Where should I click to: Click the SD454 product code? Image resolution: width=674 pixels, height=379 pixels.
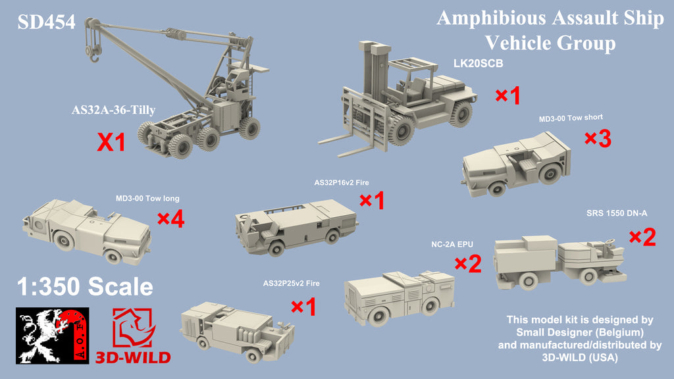pos(47,22)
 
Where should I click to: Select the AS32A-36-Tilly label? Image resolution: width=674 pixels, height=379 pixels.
pos(113,110)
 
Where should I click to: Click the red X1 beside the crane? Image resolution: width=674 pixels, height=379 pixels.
pos(111,142)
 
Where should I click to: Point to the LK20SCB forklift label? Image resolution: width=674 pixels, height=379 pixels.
pos(478,64)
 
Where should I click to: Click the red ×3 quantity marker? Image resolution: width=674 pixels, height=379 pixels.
pos(598,138)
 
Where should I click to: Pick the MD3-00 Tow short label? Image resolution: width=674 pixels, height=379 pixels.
pos(571,118)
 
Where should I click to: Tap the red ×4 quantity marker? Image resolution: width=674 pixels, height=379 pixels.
pos(170,218)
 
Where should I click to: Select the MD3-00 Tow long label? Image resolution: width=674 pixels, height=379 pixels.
pos(147,199)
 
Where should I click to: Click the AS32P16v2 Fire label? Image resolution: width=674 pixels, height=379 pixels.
pos(342,183)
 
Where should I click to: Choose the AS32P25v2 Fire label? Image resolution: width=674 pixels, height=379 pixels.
pos(292,283)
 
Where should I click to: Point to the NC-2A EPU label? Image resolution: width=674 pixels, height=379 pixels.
pos(452,245)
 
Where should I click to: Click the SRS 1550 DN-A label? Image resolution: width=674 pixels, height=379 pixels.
pos(616,213)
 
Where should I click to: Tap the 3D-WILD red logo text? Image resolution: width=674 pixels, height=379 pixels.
pos(133,357)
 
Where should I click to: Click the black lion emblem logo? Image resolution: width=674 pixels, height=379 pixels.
pos(53,336)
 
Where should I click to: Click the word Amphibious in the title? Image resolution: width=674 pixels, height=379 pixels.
pos(491,19)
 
